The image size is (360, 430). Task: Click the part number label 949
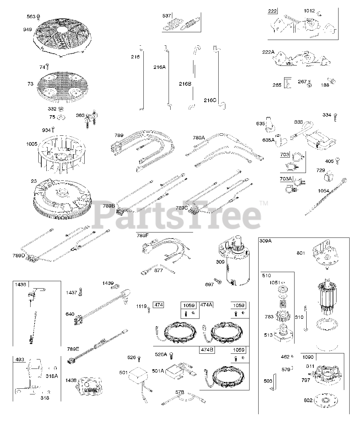point(28,30)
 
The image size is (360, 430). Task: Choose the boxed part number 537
point(167,15)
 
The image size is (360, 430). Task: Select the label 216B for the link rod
point(185,84)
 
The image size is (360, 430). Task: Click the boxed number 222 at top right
point(272,11)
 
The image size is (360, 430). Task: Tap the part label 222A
point(268,52)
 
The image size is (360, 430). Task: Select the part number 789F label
point(142,235)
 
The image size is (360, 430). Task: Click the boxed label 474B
point(208,350)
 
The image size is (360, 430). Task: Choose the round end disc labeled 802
point(324,401)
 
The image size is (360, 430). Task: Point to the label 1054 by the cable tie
point(324,190)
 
